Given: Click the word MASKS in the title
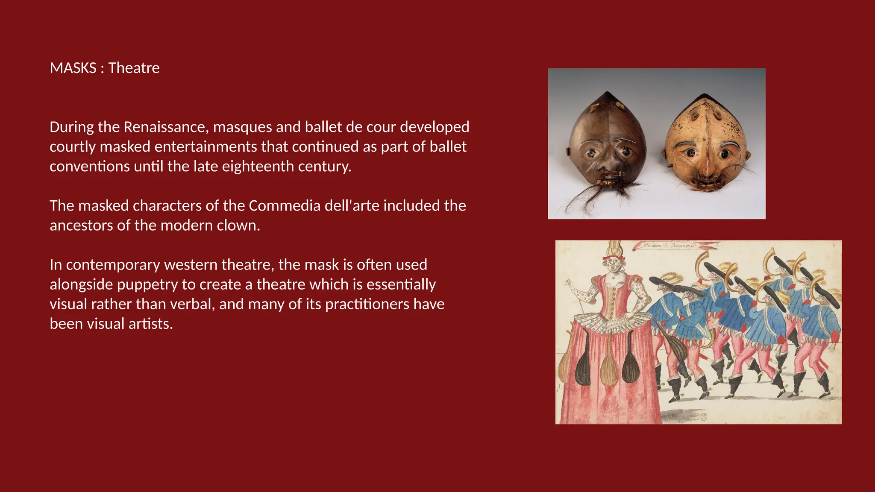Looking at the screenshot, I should [73, 68].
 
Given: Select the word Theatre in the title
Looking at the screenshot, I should [134, 68].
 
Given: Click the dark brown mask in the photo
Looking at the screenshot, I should [607, 141].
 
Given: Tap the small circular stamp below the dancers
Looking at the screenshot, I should [704, 416].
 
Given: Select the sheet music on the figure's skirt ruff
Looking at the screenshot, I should [615, 324].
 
